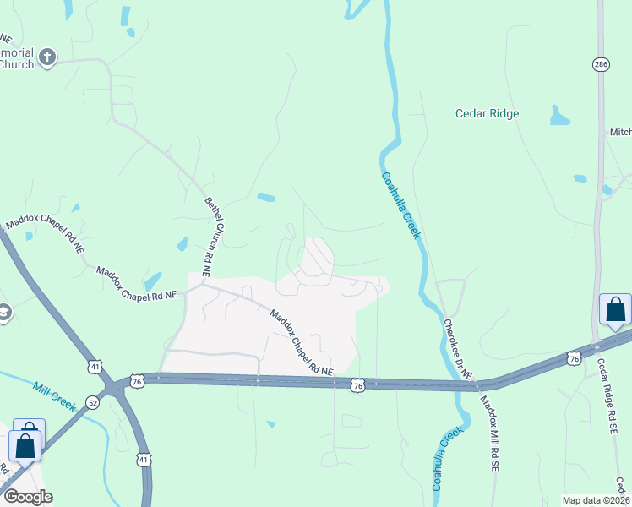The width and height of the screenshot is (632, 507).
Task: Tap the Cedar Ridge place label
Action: pyautogui.click(x=487, y=113)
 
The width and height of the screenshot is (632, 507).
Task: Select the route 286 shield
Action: pyautogui.click(x=601, y=64)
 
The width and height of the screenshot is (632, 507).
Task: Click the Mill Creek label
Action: pyautogui.click(x=54, y=397)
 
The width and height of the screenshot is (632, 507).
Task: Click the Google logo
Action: pyautogui.click(x=28, y=497)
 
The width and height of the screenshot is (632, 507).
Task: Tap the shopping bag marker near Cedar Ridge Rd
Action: pyautogui.click(x=615, y=310)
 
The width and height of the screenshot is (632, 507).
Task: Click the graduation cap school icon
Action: pyautogui.click(x=4, y=314)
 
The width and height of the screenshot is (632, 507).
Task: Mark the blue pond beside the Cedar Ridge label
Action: pyautogui.click(x=560, y=116)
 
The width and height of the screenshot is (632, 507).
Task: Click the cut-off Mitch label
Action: pyautogui.click(x=620, y=132)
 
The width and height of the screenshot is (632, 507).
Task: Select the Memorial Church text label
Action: pyautogui.click(x=17, y=58)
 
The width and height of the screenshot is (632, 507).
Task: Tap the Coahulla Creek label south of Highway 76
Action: pyautogui.click(x=448, y=460)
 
